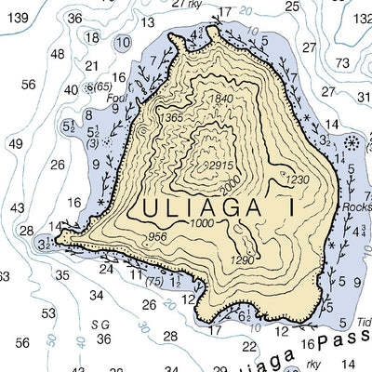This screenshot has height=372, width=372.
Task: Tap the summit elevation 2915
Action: click(219, 165)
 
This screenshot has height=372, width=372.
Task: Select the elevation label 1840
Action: click(221, 100)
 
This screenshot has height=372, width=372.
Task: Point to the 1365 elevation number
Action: click(170, 117)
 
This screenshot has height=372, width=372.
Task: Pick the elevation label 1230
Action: click(297, 179)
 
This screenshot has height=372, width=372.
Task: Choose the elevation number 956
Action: click(158, 237)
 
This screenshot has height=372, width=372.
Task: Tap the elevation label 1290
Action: click(242, 260)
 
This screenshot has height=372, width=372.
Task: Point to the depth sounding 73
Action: click(343, 63)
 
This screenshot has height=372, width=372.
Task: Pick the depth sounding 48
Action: click(58, 54)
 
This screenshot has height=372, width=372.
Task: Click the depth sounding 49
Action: click(16, 144)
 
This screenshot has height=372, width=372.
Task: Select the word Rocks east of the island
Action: click(356, 207)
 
